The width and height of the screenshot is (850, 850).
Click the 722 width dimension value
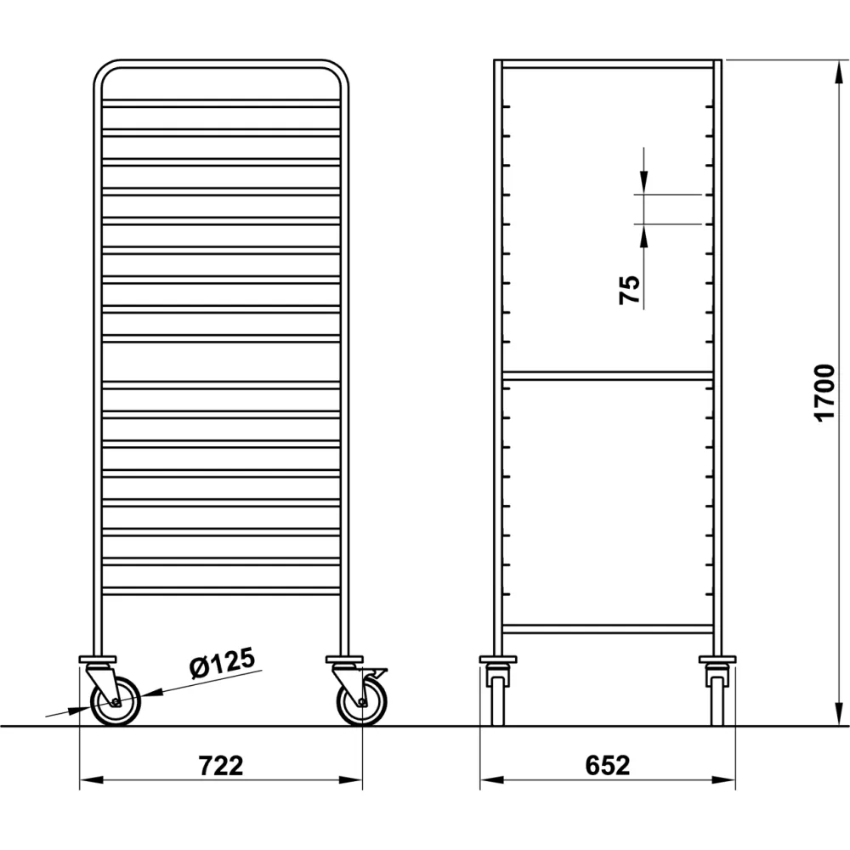tap(221, 765)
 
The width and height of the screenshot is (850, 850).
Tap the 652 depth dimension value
tap(607, 765)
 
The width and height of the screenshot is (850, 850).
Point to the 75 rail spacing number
tap(630, 291)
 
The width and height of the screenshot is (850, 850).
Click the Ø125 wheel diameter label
tap(223, 665)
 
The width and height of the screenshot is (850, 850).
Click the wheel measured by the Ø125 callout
tap(115, 702)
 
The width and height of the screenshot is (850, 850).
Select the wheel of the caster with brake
tap(362, 702)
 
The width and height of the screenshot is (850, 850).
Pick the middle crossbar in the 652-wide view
tap(607, 375)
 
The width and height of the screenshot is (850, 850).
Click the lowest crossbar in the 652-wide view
tap(607, 629)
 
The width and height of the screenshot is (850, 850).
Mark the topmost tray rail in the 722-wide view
tap(221, 103)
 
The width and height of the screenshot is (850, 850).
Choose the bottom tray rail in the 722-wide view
tap(221, 590)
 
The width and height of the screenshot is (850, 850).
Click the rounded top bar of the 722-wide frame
tap(221, 65)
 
